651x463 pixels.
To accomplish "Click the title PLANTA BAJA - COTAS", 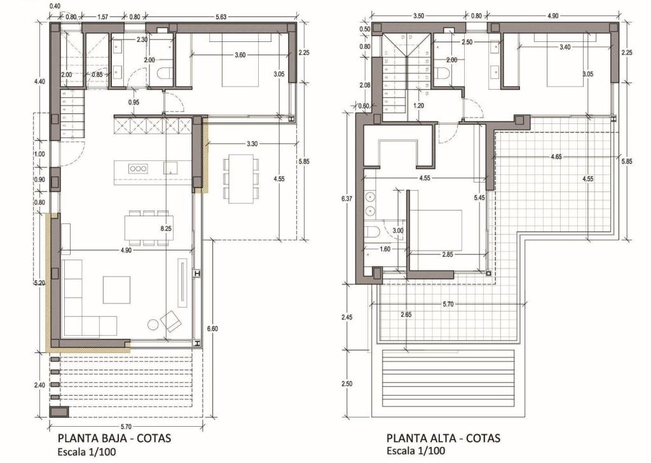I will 114,438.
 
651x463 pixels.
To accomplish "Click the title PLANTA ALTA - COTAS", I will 443,438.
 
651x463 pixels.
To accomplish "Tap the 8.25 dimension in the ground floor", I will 167,227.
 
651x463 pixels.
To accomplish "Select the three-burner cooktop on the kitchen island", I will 137,169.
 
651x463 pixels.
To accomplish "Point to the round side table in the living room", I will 153,324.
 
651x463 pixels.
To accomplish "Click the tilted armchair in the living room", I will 171,321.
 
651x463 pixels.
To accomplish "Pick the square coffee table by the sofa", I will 117,289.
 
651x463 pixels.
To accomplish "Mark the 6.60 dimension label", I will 212,328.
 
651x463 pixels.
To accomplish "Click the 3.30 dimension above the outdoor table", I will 251,144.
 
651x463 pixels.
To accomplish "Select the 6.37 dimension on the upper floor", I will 347,198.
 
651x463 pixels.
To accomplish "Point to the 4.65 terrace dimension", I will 560,156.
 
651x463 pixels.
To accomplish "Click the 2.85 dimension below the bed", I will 447,254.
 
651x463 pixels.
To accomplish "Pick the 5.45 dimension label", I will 479,198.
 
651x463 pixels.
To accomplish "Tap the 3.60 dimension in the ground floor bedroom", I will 240,55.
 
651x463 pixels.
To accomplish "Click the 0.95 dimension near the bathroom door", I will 134,102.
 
